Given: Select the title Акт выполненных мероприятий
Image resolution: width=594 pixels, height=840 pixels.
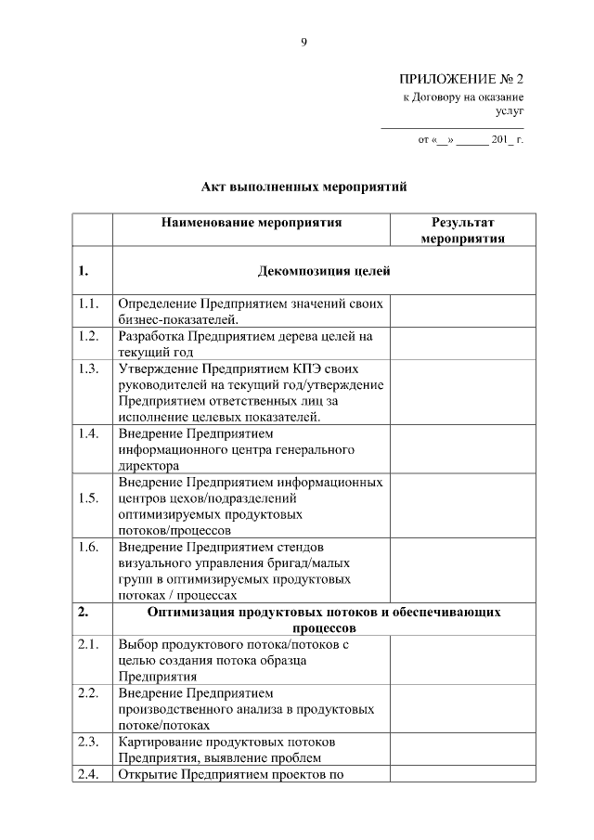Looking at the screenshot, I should [304, 187].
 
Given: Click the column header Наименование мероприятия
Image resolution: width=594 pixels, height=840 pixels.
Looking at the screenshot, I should [252, 223].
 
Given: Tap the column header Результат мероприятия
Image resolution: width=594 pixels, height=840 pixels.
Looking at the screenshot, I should [462, 230].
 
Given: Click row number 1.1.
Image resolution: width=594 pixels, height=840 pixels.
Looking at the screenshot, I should [89, 304].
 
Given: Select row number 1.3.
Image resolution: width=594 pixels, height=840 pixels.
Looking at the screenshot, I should [89, 368].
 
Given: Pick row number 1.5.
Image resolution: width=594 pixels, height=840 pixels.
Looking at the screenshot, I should [89, 498].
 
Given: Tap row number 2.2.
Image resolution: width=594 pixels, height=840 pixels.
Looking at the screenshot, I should [89, 693].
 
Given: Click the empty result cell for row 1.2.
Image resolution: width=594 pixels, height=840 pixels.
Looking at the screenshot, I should [462, 343].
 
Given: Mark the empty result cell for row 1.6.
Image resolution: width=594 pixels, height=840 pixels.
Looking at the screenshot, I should [462, 570].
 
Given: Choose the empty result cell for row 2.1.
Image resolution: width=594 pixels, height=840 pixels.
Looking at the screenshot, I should [462, 659].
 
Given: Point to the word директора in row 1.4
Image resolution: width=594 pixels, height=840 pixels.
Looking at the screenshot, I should [148, 466].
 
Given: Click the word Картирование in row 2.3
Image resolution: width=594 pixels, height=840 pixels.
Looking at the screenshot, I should [161, 742].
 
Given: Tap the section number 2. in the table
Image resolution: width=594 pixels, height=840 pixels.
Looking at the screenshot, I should [84, 613].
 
